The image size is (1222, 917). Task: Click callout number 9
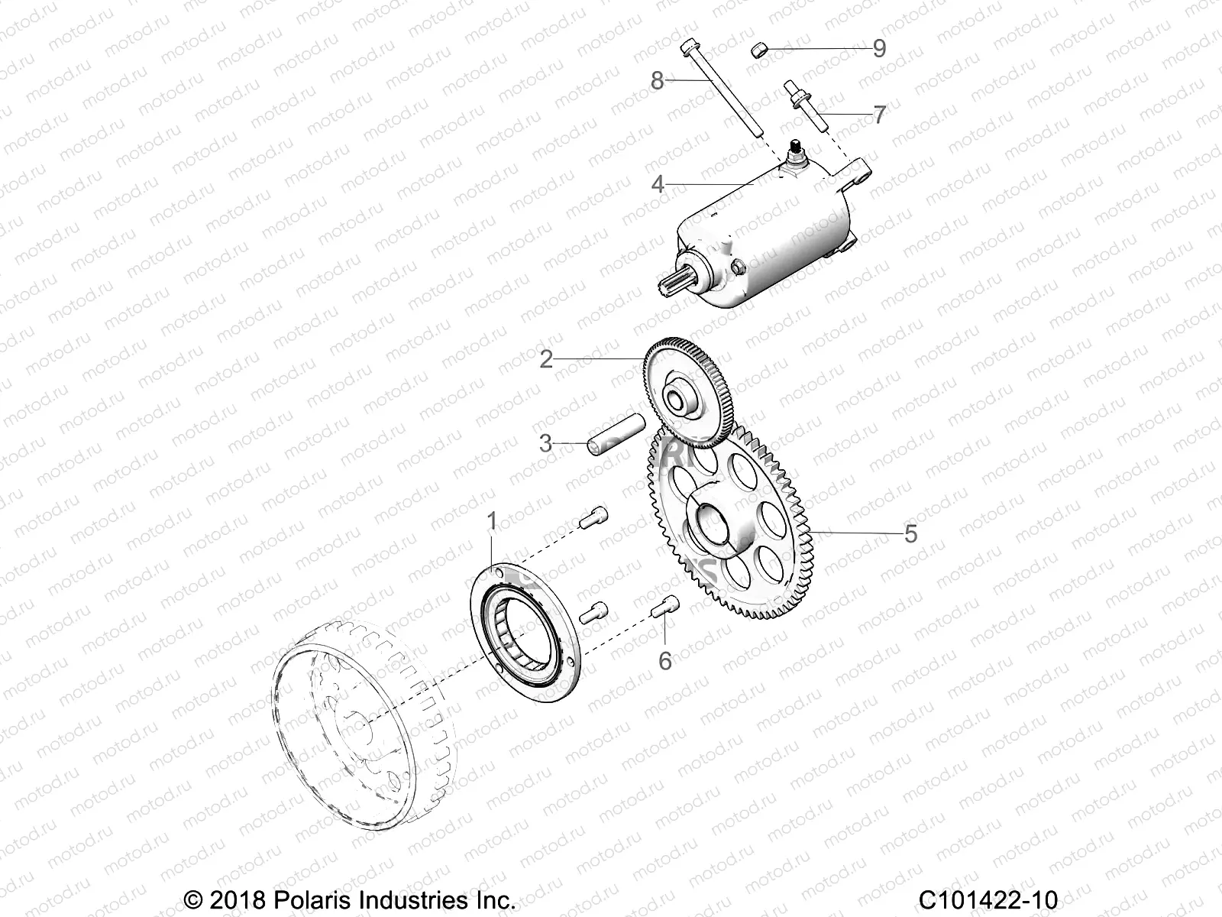[879, 49]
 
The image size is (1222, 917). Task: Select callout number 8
[657, 80]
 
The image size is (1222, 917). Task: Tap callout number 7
[879, 115]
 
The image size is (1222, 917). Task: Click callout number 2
[546, 359]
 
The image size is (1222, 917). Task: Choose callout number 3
[545, 443]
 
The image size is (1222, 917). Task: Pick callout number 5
[910, 533]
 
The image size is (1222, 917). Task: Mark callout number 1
[492, 521]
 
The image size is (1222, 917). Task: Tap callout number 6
[665, 661]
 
